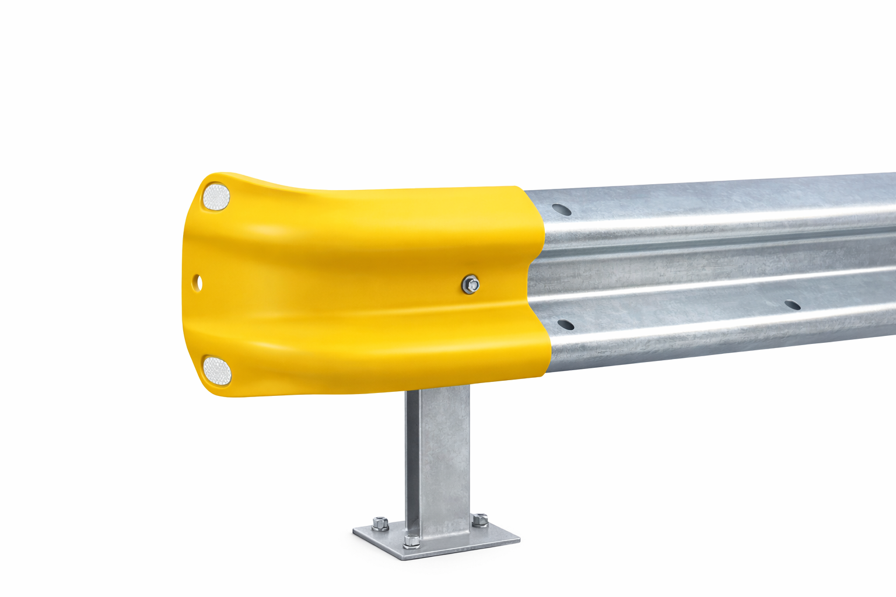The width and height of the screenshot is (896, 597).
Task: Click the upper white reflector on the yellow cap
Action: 216,196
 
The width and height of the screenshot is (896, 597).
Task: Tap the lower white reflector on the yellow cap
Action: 216,370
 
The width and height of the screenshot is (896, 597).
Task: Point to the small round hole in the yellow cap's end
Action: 198,283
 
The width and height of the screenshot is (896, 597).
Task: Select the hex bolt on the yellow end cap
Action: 471,285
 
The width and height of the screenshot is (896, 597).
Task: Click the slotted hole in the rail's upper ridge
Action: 561,209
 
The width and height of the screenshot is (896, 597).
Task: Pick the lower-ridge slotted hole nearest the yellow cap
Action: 565,324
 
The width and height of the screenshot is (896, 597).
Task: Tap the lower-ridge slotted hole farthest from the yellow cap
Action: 792,304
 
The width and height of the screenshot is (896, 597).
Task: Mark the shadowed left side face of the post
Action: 412,461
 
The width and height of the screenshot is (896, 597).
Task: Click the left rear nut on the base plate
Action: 380,523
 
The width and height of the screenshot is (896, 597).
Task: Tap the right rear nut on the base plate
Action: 480,519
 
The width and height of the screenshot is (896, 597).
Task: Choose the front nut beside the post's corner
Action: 411,540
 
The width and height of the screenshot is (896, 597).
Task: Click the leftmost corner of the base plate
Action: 354,532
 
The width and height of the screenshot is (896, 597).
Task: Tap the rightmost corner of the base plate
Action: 519,540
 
